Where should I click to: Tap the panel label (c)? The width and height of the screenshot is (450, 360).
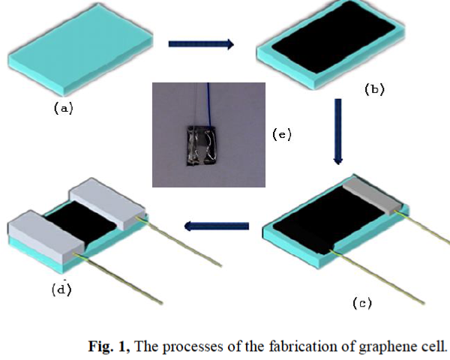click(363, 303)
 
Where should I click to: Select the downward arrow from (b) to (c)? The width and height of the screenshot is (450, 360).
click(337, 131)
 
